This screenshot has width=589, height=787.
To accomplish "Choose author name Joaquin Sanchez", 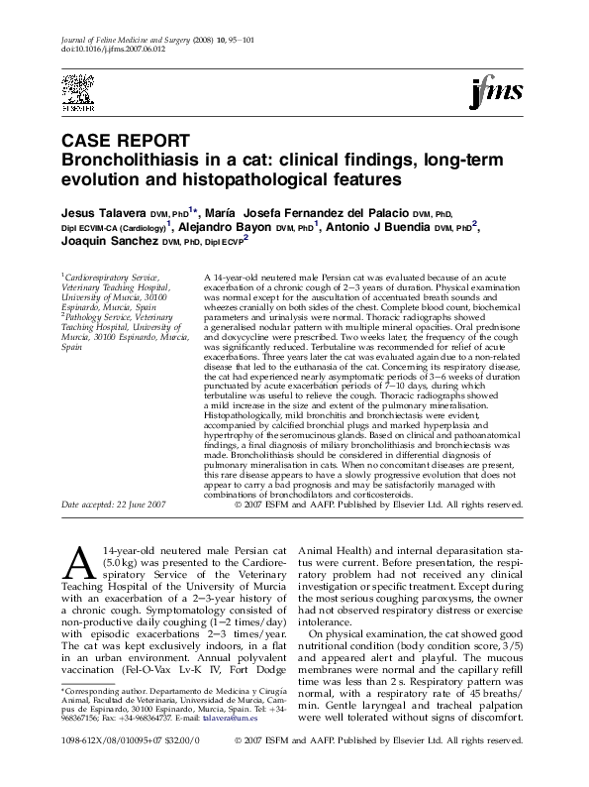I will tap(107, 241).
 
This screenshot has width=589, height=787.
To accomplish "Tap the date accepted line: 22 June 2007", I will tap(114, 505).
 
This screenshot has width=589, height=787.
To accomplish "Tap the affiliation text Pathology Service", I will tap(100, 319).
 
